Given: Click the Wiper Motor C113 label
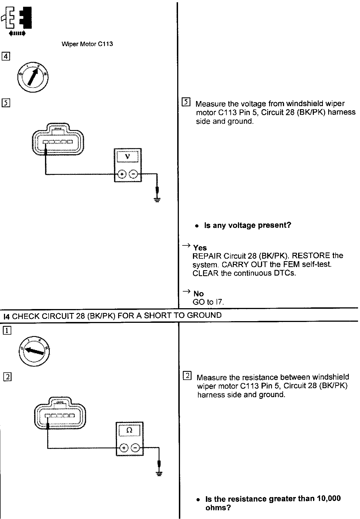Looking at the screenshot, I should point(87,44).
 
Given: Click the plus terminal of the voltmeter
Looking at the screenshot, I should point(122,175).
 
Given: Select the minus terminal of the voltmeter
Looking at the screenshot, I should point(133,175).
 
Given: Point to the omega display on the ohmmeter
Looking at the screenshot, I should point(129,430).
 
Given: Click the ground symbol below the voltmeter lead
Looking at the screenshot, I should point(157,200).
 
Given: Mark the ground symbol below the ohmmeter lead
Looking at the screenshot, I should point(159,474).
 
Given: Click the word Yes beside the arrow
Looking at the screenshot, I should point(200,248).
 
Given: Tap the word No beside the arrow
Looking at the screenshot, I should point(199,294).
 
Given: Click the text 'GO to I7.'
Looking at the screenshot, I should point(208,302).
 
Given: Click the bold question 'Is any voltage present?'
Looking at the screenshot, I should point(247,225).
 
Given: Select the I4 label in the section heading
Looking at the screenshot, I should point(7,316).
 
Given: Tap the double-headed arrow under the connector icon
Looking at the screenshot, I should point(17,34).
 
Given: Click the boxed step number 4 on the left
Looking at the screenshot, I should point(6,56).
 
